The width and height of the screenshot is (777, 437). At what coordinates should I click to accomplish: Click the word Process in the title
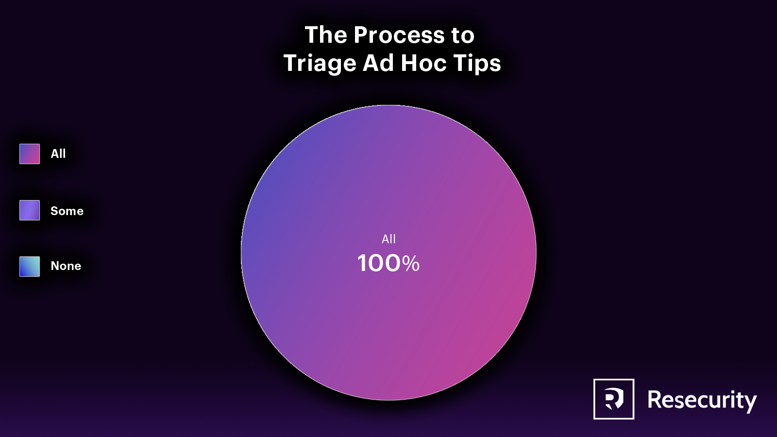click(399, 35)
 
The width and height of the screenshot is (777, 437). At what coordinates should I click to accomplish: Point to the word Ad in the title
click(378, 63)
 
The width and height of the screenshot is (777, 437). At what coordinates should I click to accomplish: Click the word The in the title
click(326, 35)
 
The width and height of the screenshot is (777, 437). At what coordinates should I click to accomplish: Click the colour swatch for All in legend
click(30, 153)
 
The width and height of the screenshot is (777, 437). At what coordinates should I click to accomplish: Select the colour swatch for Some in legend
click(30, 210)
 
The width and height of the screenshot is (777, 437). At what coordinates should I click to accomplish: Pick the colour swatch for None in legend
click(30, 267)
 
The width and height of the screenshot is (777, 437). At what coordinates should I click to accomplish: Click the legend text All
click(58, 153)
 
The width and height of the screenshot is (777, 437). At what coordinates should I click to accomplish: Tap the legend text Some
click(67, 211)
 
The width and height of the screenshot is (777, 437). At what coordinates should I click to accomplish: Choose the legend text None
click(66, 266)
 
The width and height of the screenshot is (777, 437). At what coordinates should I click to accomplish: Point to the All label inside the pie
click(388, 239)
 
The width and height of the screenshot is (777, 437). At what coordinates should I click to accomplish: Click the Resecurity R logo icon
click(614, 399)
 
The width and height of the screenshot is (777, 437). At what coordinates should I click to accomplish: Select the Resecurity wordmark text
click(702, 401)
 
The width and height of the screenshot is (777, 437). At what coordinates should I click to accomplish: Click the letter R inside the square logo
click(614, 399)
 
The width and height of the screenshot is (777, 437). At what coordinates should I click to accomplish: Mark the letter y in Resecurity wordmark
click(750, 403)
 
